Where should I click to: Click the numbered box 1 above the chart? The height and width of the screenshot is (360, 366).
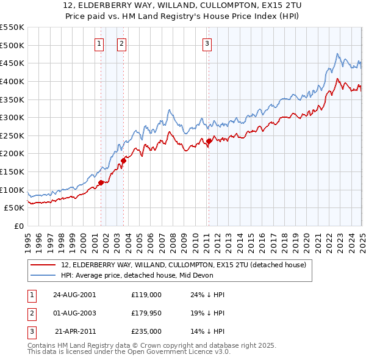(x=99, y=43)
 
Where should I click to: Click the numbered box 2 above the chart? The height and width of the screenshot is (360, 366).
(x=121, y=43)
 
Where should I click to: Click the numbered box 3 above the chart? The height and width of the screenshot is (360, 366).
(x=207, y=43)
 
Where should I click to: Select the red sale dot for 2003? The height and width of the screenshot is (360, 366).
(x=123, y=160)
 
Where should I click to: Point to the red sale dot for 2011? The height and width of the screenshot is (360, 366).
(x=209, y=141)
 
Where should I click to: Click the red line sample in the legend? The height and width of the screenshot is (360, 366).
(x=43, y=265)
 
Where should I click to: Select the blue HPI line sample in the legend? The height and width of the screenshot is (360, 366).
(x=43, y=275)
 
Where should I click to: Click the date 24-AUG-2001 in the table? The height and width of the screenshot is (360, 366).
(x=75, y=294)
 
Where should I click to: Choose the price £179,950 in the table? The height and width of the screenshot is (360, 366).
(x=146, y=313)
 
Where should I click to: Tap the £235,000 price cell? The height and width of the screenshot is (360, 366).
(x=146, y=332)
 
